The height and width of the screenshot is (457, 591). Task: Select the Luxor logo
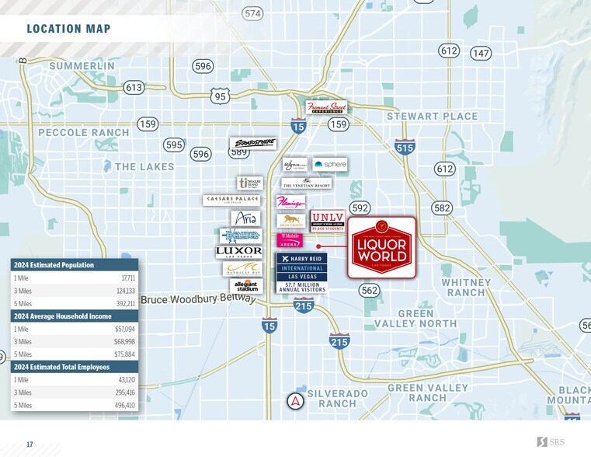coord(238,252)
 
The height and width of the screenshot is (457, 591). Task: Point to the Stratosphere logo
coord(253,144)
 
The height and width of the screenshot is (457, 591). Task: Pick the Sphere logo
coord(329,165)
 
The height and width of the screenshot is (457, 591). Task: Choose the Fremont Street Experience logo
coord(327,107)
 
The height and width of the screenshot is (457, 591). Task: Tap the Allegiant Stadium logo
coord(245,286)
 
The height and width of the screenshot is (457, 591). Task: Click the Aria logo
coord(245,218)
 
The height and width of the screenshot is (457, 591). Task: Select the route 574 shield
coord(252,13)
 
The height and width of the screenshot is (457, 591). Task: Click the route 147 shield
coord(481,54)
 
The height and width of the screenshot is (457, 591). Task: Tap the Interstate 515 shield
coord(405,147)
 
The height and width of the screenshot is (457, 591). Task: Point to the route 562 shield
coord(370,290)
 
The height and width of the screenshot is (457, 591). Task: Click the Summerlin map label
coord(82,67)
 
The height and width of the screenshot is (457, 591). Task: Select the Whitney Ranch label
coord(465,287)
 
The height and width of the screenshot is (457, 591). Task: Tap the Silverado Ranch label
coord(337,399)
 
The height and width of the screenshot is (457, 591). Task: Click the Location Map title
coord(68,30)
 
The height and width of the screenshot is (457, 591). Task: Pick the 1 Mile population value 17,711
coord(128,277)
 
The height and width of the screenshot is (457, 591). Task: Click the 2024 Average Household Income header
coord(62,316)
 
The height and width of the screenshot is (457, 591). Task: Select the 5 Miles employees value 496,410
coord(124,405)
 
